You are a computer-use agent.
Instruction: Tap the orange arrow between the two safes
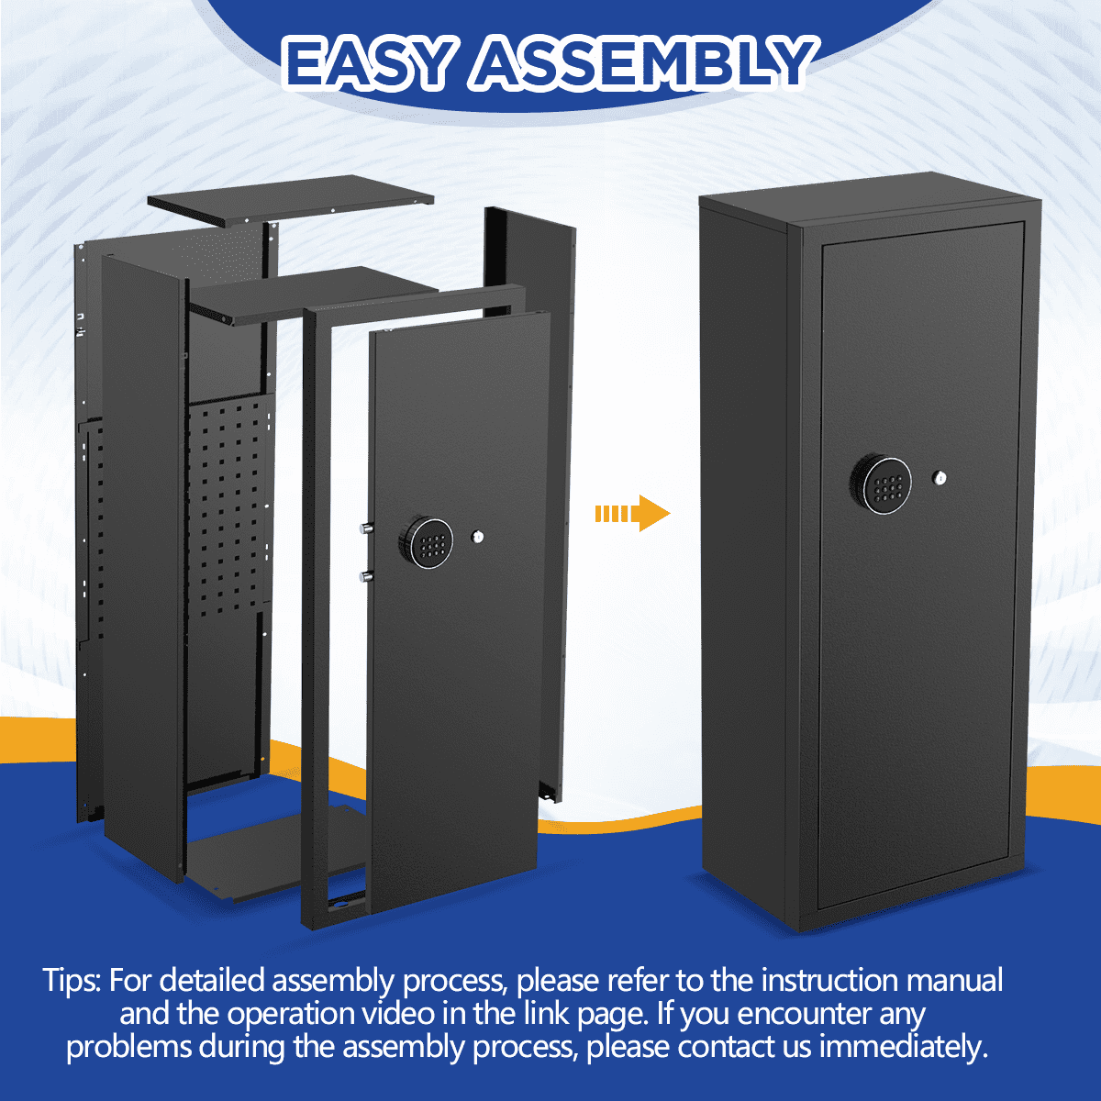(x=632, y=513)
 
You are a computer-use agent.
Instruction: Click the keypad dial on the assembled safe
(x=881, y=485)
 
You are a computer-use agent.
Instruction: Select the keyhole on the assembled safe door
(x=940, y=477)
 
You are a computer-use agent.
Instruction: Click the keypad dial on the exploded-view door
(x=426, y=543)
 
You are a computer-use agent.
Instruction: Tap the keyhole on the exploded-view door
(x=478, y=537)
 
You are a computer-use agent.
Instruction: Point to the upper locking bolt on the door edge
(x=366, y=529)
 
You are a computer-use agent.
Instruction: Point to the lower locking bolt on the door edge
(x=366, y=576)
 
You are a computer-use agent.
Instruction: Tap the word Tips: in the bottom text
(x=72, y=980)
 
